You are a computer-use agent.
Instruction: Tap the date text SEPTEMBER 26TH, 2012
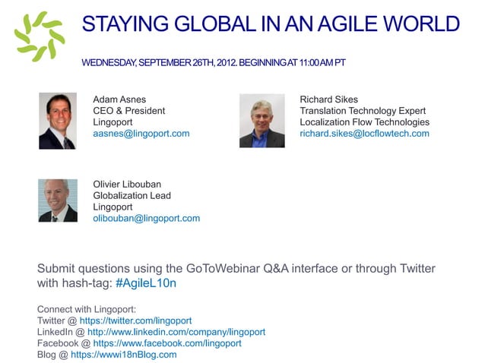pyautogui.click(x=185, y=62)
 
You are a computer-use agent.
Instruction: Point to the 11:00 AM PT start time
pyautogui.click(x=312, y=62)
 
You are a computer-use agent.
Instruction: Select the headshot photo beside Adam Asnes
pyautogui.click(x=57, y=121)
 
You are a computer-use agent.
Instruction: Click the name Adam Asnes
pyautogui.click(x=119, y=99)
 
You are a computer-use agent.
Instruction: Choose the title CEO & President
pyautogui.click(x=129, y=111)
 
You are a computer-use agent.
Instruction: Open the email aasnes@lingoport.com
pyautogui.click(x=141, y=134)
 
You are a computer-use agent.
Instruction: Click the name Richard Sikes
pyautogui.click(x=328, y=99)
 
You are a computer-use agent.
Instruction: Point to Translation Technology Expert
pyautogui.click(x=363, y=111)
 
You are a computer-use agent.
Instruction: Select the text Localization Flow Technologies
pyautogui.click(x=364, y=122)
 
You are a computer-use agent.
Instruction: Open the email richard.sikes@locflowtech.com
pyautogui.click(x=364, y=134)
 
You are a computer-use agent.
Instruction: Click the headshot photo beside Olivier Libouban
pyautogui.click(x=57, y=200)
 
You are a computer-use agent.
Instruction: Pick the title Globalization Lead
pyautogui.click(x=132, y=195)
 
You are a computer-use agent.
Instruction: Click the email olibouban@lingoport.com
pyautogui.click(x=147, y=219)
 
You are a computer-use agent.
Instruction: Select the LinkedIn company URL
pyautogui.click(x=176, y=332)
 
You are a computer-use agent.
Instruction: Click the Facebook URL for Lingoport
pyautogui.click(x=167, y=343)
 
